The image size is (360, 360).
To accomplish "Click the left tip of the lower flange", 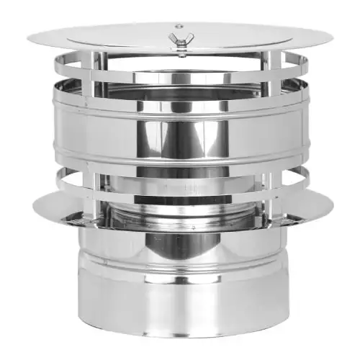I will tap(33, 209).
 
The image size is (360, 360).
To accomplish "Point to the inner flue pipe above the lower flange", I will tap(180, 205).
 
